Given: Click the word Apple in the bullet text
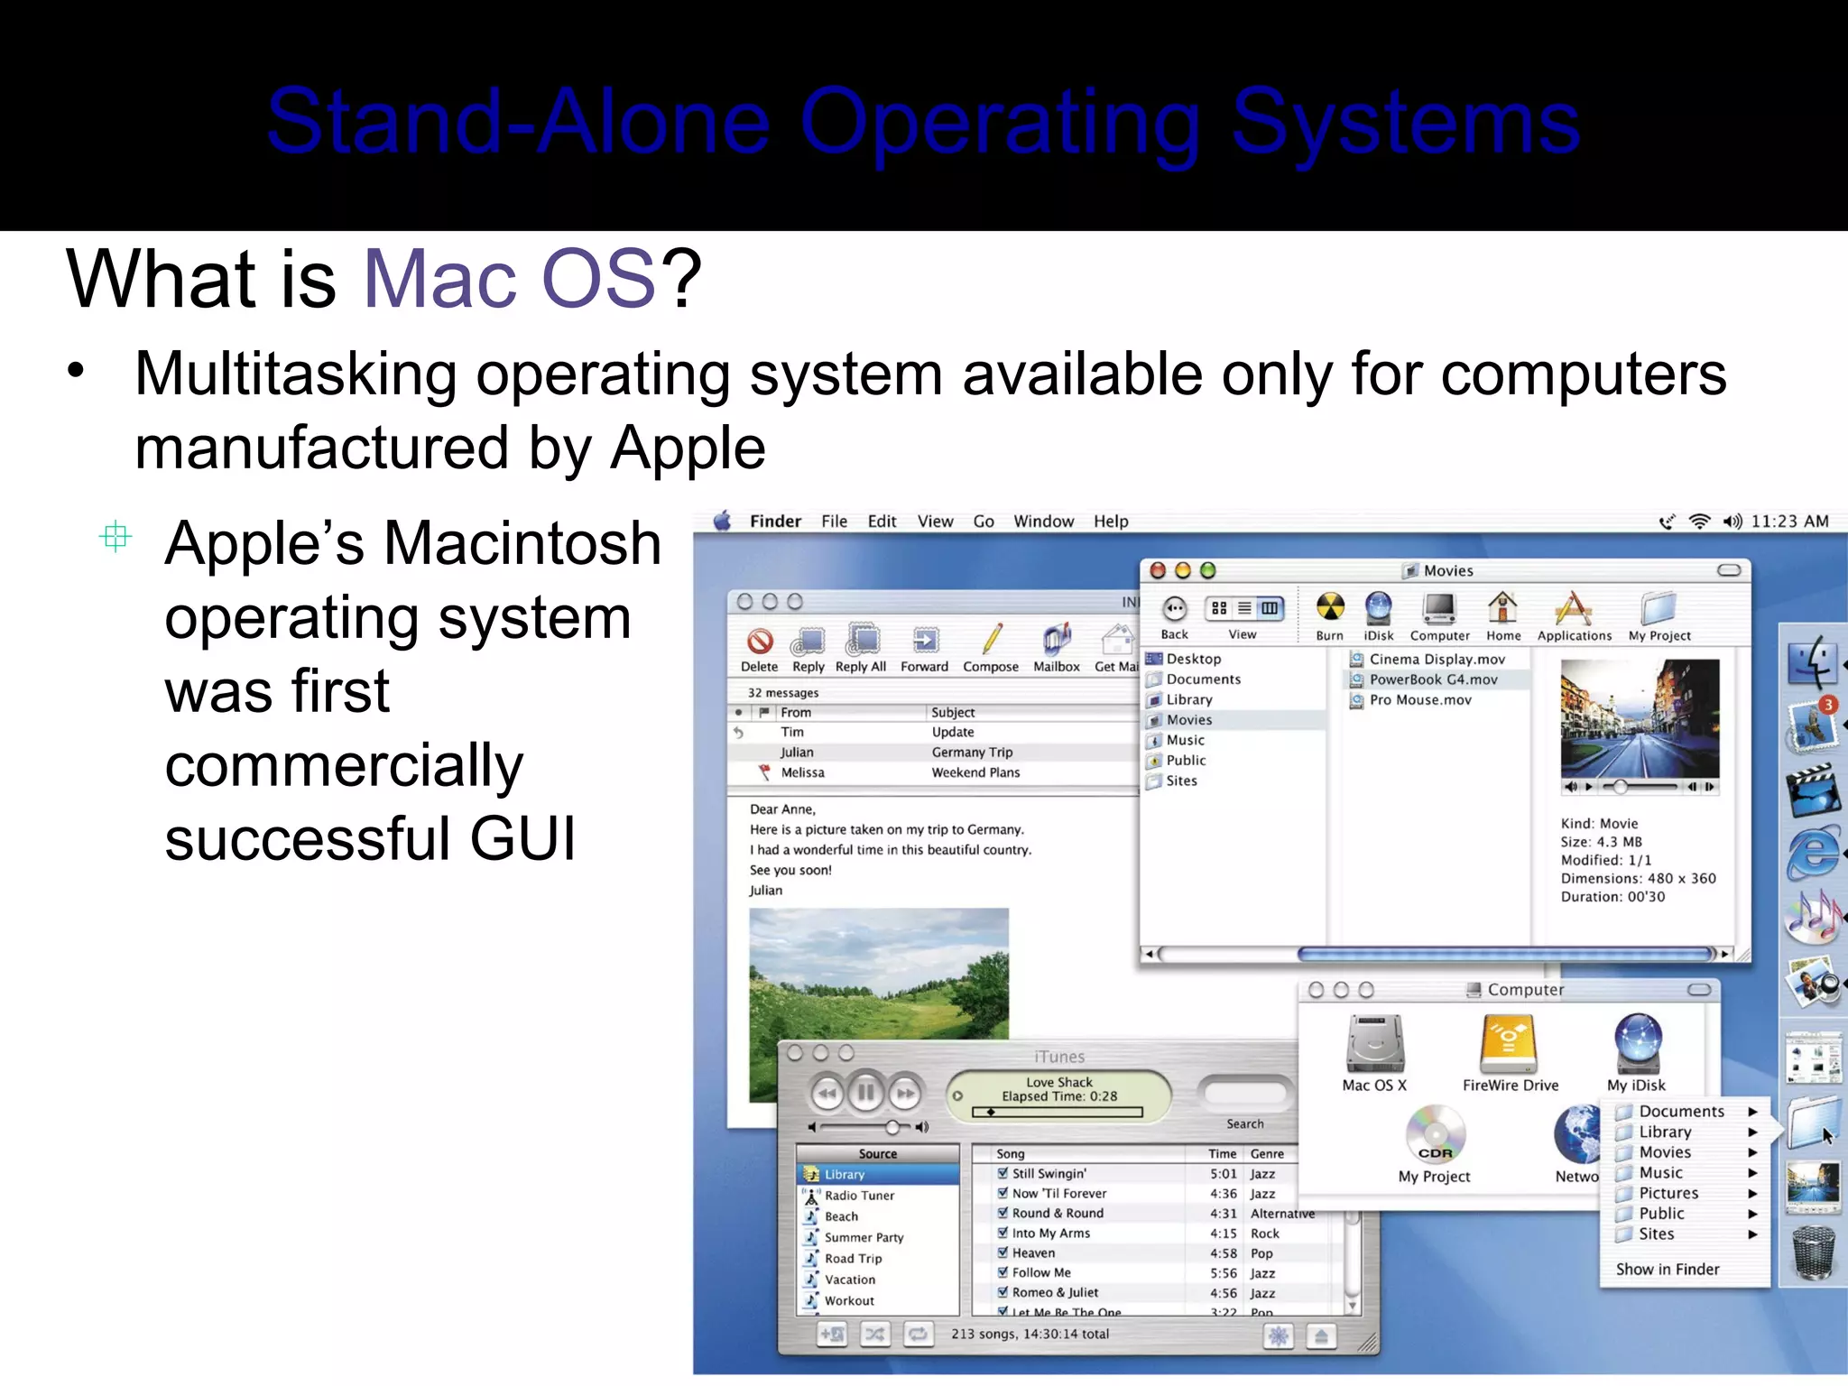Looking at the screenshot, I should (x=688, y=448).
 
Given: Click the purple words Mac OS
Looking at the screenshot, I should (x=508, y=279).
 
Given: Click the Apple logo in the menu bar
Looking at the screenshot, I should (x=723, y=521).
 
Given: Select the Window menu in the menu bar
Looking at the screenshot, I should (x=1043, y=522).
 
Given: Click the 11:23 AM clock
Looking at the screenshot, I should (x=1789, y=522).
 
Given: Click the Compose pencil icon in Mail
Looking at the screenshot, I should (x=992, y=640).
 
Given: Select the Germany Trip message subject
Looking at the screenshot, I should (x=972, y=753).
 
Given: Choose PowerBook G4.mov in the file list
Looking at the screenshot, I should (x=1433, y=679).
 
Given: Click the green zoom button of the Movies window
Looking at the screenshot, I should (x=1208, y=570).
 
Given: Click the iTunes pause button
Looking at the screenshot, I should (x=865, y=1094).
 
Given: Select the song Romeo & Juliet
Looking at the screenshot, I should (x=1055, y=1292).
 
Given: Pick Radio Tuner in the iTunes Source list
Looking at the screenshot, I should (x=859, y=1196).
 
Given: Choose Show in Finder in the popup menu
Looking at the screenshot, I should (x=1667, y=1270).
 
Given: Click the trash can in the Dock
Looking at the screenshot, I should (x=1813, y=1252).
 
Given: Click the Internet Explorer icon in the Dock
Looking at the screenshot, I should (x=1813, y=851).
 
